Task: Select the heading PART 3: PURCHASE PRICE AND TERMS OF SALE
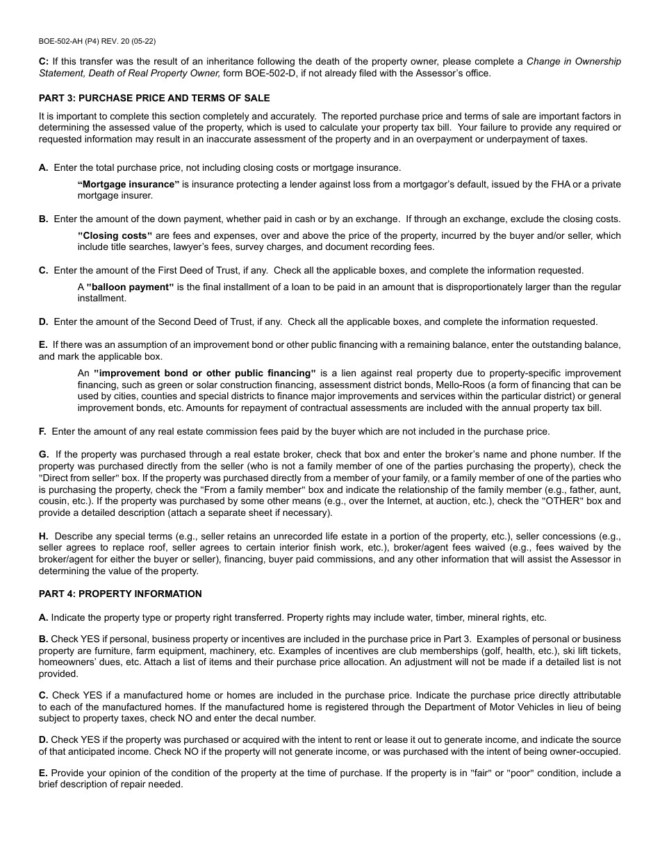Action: coord(154,98)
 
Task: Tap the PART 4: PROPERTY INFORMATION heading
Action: coord(120,594)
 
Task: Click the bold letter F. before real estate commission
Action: coord(43,431)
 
